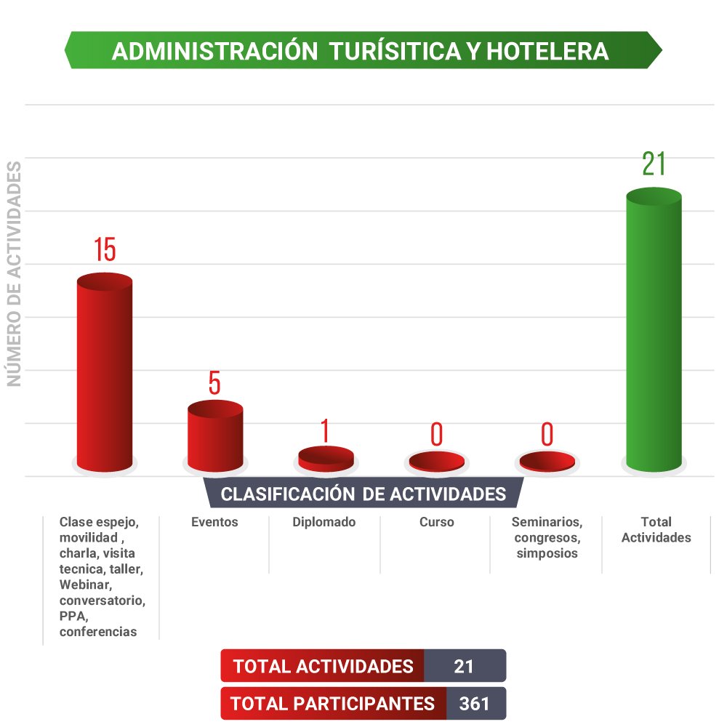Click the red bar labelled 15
[105, 371]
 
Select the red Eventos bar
[215, 436]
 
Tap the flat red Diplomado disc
[326, 457]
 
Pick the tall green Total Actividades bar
[654, 331]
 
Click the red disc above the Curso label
[436, 461]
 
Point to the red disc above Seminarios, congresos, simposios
[547, 461]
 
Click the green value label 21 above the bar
[654, 165]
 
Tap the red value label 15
[105, 249]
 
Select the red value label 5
[214, 383]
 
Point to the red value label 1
[325, 431]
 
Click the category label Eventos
[214, 522]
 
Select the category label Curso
[436, 522]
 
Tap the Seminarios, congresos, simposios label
[547, 537]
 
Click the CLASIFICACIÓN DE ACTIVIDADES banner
[363, 494]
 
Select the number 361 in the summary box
[474, 704]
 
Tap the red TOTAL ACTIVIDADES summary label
[323, 666]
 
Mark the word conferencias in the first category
[98, 632]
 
